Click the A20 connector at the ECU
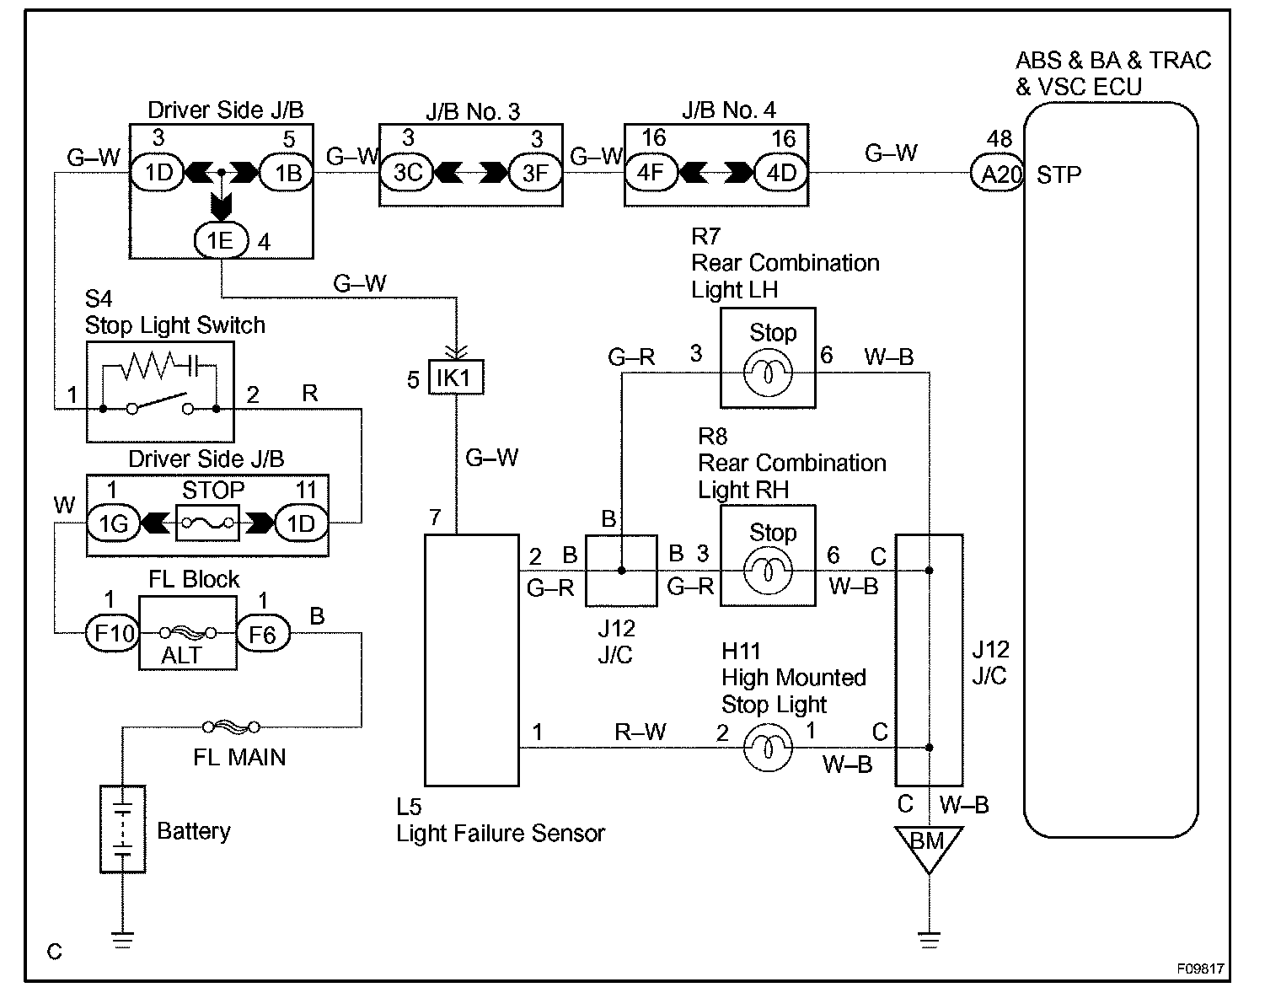(x=997, y=174)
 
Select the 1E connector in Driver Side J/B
(x=221, y=240)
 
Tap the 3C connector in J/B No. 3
(x=407, y=173)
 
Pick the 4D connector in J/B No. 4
(x=781, y=173)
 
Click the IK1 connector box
(x=456, y=378)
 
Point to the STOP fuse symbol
(x=207, y=523)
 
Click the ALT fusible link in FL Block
(x=188, y=633)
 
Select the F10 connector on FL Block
(x=113, y=633)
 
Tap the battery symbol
(x=122, y=829)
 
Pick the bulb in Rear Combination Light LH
(x=768, y=373)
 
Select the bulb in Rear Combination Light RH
(x=768, y=571)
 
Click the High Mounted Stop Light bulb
(x=768, y=748)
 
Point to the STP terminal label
(x=1059, y=175)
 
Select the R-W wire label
(x=640, y=732)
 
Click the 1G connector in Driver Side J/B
(x=113, y=523)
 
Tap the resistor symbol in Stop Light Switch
(x=148, y=366)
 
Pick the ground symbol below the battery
(x=122, y=938)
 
